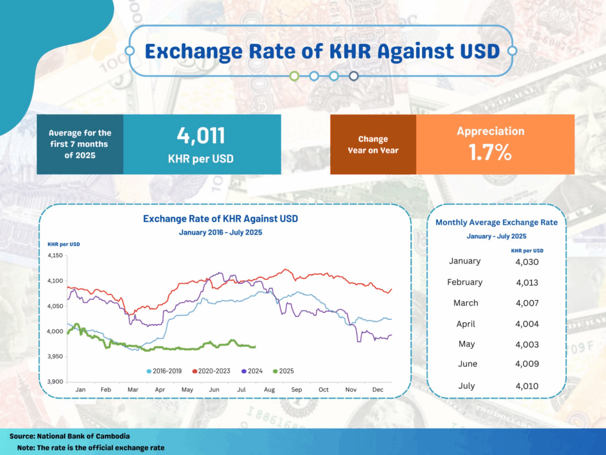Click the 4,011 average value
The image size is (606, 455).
[201, 136]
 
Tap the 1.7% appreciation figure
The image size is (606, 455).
[490, 152]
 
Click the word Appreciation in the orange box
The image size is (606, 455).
[491, 131]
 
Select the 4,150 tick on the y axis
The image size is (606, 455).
[55, 256]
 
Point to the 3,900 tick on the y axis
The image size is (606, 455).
[55, 382]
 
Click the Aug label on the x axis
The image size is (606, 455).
[269, 390]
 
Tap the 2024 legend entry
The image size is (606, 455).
[253, 371]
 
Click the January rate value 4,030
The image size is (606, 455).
[527, 261]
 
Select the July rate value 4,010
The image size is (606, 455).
[527, 386]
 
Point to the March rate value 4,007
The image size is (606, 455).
[527, 303]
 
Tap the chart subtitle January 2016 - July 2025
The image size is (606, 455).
[221, 232]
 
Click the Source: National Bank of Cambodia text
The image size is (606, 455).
[70, 436]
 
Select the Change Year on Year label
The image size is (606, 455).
[373, 145]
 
